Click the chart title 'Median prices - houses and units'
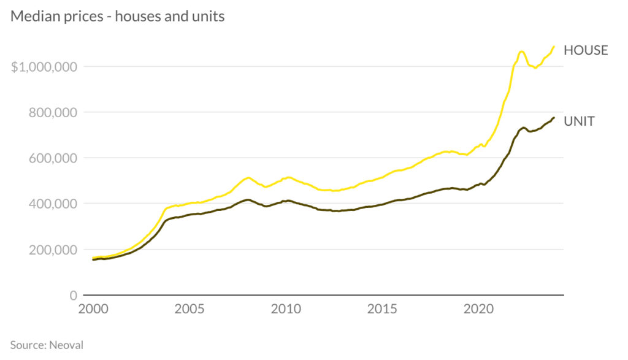118,17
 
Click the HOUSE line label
586,50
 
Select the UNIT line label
579,121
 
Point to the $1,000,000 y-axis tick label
47,66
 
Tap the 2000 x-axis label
93,309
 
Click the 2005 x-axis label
189,309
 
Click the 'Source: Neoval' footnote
47,345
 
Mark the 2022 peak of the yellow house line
521,52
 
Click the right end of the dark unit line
554,118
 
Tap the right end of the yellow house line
554,46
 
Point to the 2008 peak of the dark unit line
247,199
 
